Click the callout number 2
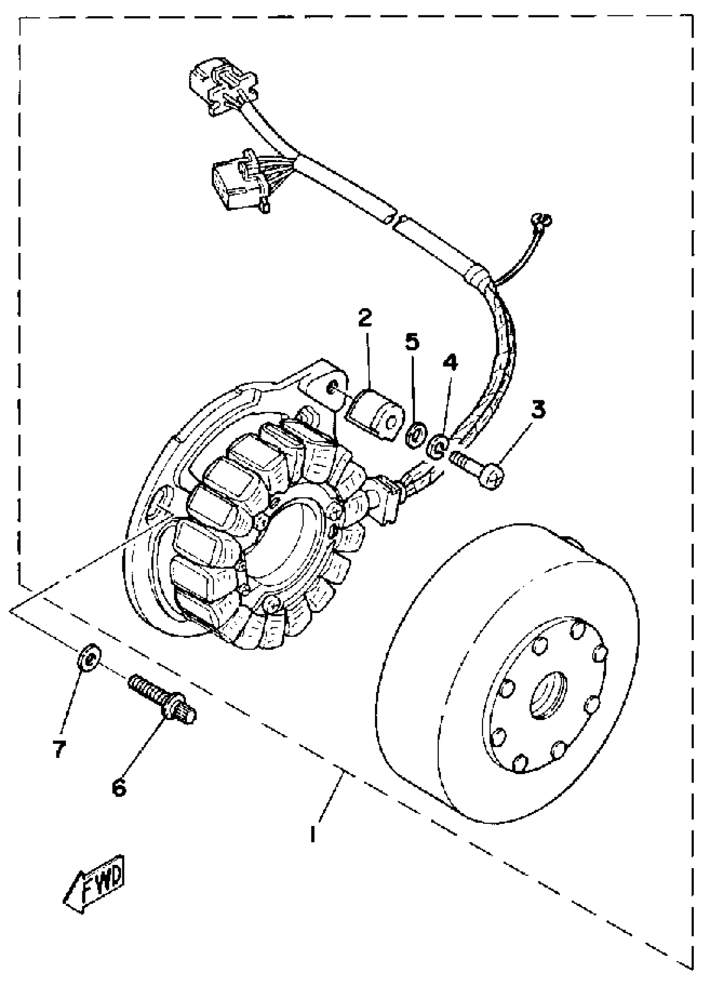click(365, 318)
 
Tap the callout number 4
click(450, 362)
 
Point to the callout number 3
click(538, 409)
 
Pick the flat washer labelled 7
click(89, 660)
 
